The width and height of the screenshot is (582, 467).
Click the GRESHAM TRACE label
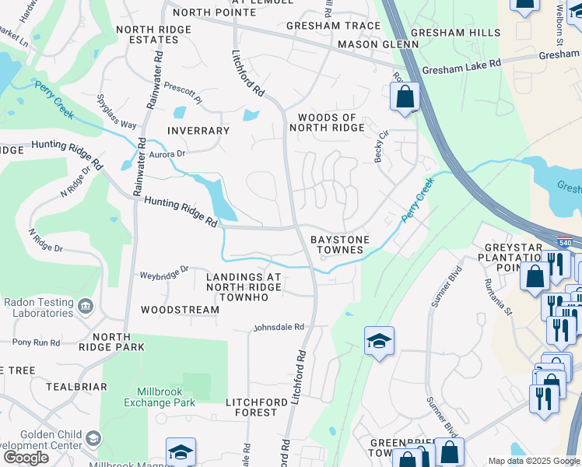[333, 26]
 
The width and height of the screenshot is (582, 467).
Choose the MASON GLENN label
[368, 45]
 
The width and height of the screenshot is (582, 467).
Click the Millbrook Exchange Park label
[160, 398]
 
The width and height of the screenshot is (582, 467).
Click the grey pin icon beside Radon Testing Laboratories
[86, 306]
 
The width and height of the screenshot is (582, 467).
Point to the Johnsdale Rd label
[278, 328]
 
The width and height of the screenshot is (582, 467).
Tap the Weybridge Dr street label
[163, 273]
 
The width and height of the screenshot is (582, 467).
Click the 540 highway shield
[565, 242]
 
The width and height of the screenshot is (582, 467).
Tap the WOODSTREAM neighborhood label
[180, 310]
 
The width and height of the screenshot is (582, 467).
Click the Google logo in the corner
[26, 458]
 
